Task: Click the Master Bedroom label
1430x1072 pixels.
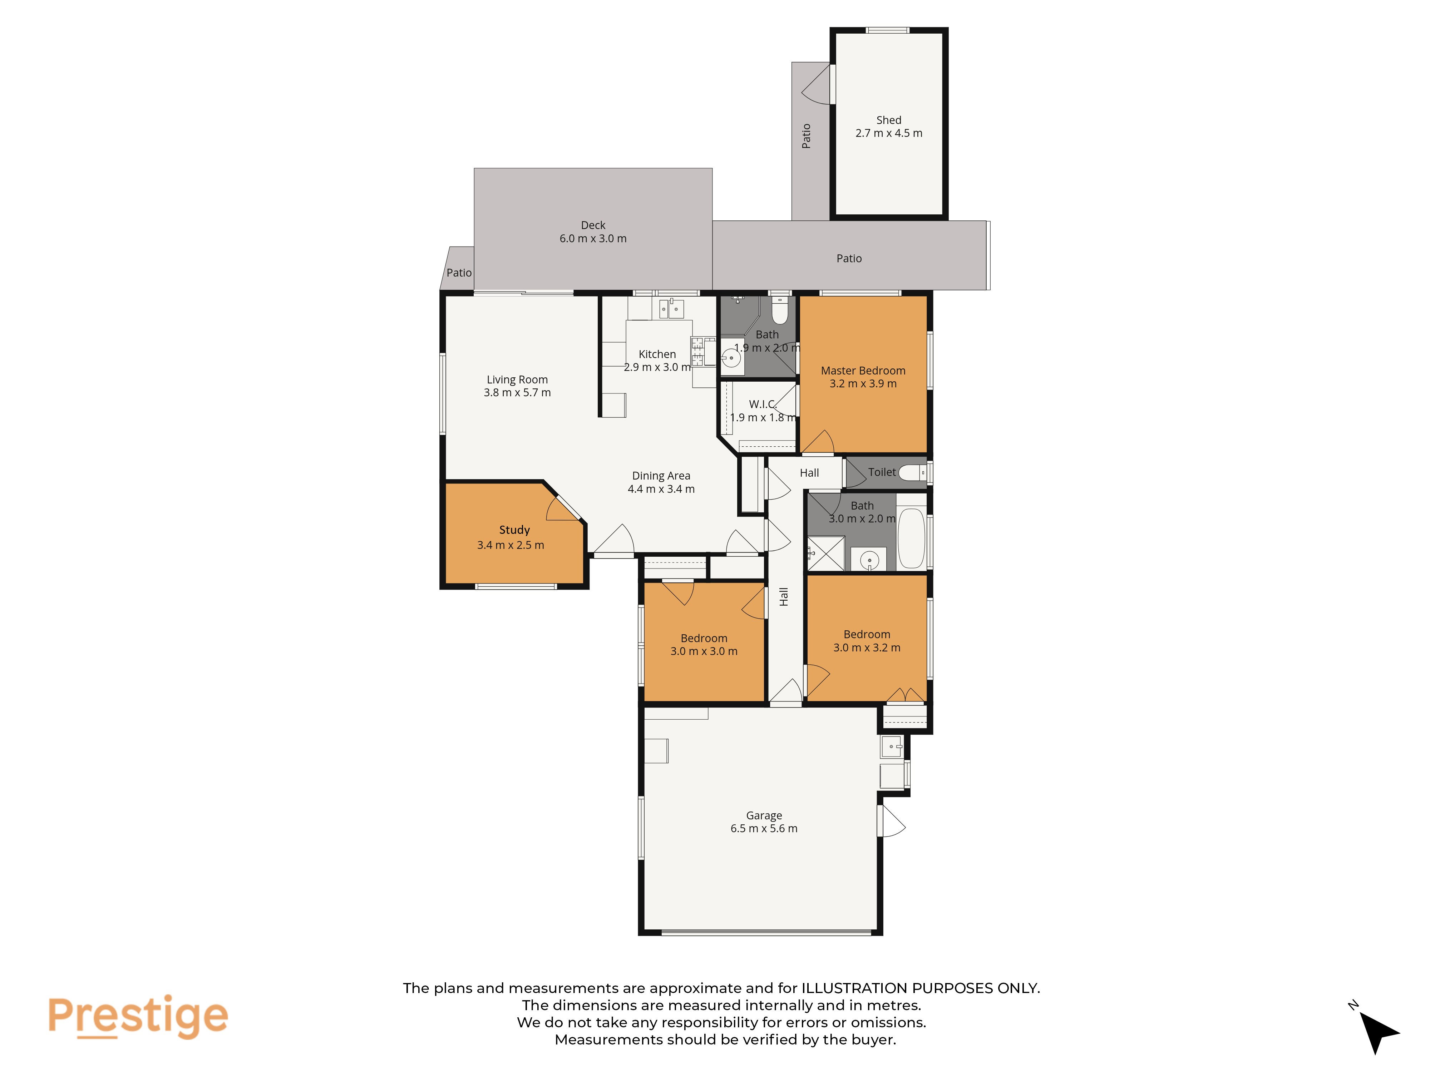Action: tap(863, 370)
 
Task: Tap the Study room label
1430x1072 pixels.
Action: tap(514, 530)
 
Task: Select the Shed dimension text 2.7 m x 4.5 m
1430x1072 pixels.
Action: tap(889, 133)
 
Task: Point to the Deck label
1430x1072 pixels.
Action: tap(593, 225)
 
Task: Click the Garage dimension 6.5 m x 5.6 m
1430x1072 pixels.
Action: tap(764, 828)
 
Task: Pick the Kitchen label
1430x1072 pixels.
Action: tap(657, 354)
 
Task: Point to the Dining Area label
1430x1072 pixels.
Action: tap(661, 476)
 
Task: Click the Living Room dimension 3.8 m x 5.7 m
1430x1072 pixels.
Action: tap(517, 392)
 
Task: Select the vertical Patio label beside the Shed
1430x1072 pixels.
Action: tap(806, 136)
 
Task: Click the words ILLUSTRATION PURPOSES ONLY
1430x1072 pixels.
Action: tap(921, 988)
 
